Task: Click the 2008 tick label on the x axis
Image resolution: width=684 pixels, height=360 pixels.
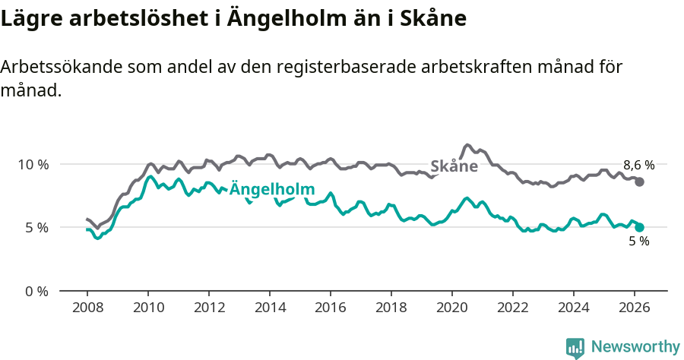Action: (x=87, y=308)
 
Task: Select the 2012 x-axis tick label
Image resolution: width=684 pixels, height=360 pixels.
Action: (x=209, y=308)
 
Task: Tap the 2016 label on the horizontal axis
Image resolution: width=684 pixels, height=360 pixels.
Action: (x=331, y=308)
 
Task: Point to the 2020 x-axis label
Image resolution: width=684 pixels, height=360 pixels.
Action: (x=452, y=308)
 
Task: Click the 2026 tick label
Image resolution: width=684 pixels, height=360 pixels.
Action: (x=635, y=308)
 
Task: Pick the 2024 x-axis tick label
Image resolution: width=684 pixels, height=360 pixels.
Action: (x=574, y=308)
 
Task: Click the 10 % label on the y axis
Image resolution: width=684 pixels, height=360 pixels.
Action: (x=33, y=164)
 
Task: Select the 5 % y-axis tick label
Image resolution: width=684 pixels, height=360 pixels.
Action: (x=36, y=227)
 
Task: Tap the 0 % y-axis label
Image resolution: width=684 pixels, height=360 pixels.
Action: (x=36, y=291)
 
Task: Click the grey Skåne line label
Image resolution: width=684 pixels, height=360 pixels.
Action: (x=454, y=166)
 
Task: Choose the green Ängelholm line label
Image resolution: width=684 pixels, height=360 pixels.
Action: (x=271, y=189)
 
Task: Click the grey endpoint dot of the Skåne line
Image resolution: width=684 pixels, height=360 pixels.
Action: (x=640, y=182)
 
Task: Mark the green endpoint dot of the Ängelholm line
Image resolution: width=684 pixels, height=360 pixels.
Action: (x=640, y=227)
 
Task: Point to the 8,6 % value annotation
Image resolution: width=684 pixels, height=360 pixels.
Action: (x=638, y=165)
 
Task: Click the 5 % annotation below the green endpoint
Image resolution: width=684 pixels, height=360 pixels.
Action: (x=638, y=242)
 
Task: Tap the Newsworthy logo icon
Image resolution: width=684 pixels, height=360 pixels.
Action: (x=575, y=347)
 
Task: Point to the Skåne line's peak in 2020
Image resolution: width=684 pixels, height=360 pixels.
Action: (x=467, y=144)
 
